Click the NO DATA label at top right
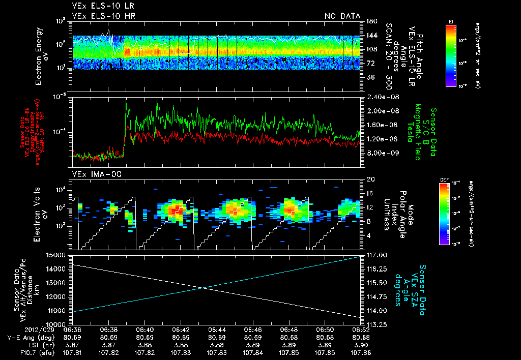click(x=342, y=16)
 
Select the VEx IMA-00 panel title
click(x=93, y=174)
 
